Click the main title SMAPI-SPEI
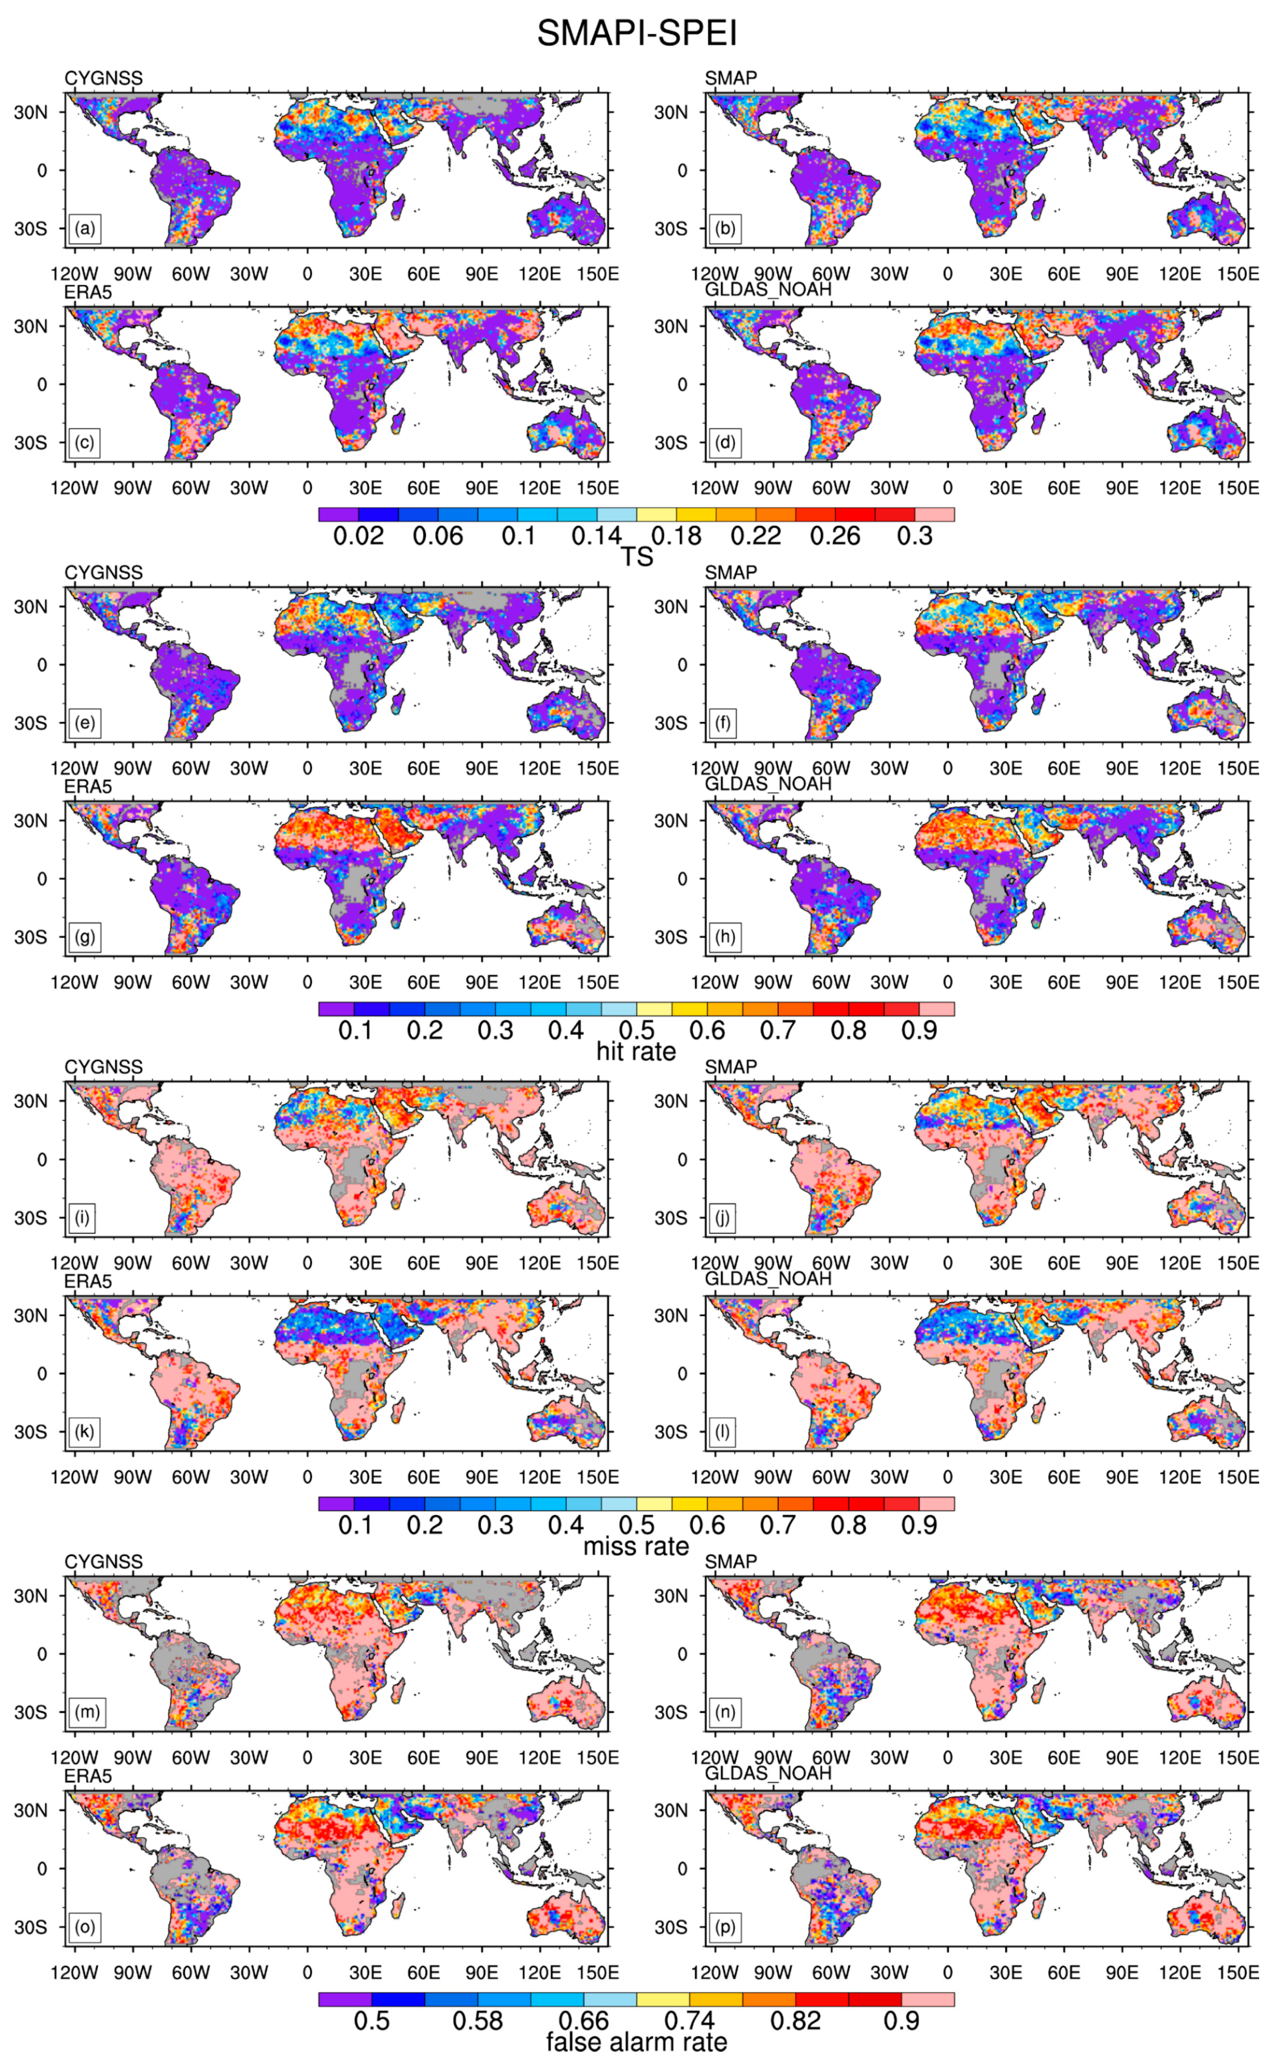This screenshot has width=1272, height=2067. coord(636,34)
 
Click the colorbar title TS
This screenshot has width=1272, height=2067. coord(636,557)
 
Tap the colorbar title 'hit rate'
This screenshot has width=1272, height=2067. coord(636,1051)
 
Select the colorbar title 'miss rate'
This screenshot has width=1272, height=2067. coord(636,1546)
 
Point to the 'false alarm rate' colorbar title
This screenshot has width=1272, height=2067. coord(636,2042)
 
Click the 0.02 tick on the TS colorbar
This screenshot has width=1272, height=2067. coord(358,536)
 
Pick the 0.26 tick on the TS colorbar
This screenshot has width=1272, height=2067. coord(835,536)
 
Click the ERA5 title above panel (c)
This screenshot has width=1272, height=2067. coord(89,293)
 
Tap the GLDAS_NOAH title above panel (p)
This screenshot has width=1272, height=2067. coord(767,1773)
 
